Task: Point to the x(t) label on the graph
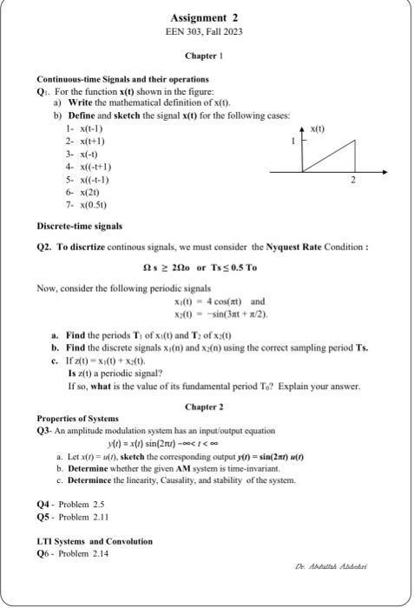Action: (x=318, y=129)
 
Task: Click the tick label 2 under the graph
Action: (x=353, y=182)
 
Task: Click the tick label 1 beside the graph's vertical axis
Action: (x=292, y=142)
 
